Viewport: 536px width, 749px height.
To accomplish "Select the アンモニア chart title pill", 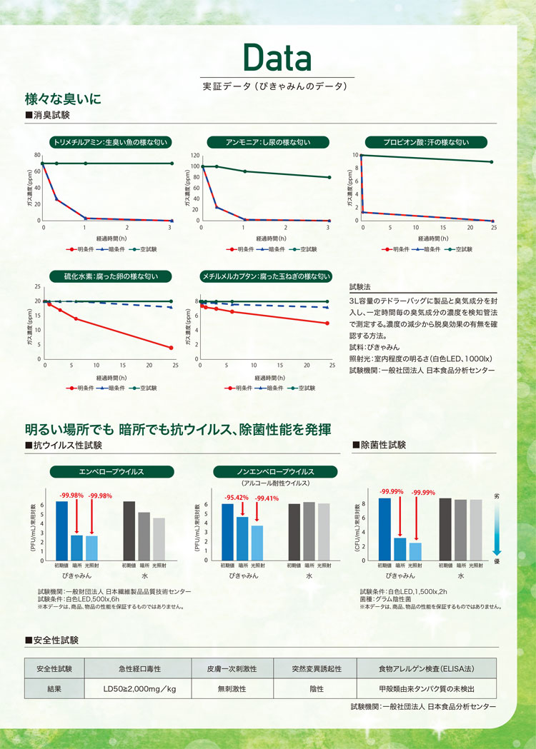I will [x=268, y=142].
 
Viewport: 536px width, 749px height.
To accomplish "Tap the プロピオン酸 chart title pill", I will [x=427, y=142].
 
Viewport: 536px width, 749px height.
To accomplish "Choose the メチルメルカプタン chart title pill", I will [x=268, y=276].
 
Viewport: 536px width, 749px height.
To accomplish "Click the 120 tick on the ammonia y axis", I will [x=193, y=155].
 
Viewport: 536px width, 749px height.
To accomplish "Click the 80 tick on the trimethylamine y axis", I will [x=37, y=155].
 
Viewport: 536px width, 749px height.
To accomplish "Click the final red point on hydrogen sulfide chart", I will [x=172, y=348].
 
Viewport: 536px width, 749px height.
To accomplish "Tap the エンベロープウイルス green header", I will [x=111, y=472].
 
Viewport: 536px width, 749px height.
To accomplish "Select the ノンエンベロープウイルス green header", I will [x=275, y=472].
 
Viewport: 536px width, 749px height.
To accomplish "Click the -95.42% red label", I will [x=237, y=498].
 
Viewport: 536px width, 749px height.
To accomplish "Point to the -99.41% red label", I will [x=267, y=499].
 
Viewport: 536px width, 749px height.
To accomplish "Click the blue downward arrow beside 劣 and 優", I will [x=497, y=528].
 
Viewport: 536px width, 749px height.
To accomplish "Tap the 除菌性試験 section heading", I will [x=382, y=444].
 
